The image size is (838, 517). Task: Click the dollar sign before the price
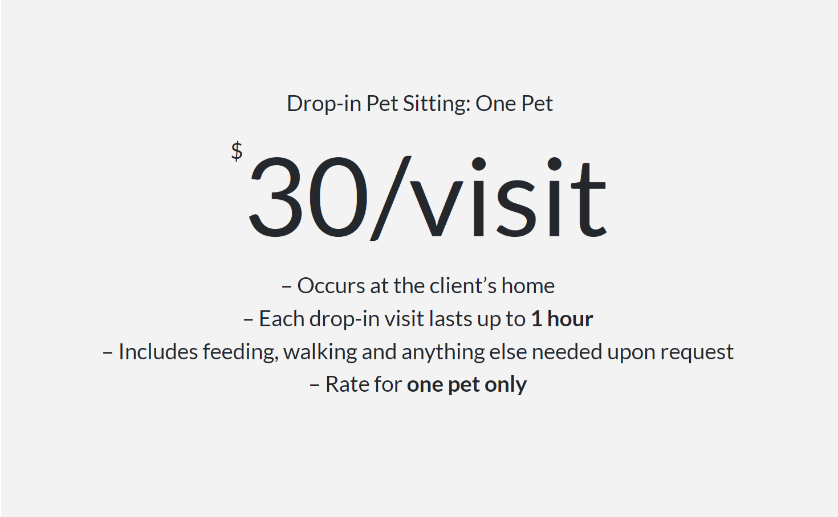point(237,151)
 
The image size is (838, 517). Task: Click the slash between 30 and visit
point(390,198)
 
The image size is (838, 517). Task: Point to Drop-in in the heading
point(324,104)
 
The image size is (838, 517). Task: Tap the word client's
point(463,286)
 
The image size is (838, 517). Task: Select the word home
point(528,286)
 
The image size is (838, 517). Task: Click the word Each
point(282,319)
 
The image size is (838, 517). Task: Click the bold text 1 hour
point(562,319)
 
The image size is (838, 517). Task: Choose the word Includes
point(158,352)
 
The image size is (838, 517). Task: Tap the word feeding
point(241,352)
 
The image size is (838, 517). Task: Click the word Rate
point(348,385)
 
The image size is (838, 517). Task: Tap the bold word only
point(506,385)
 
